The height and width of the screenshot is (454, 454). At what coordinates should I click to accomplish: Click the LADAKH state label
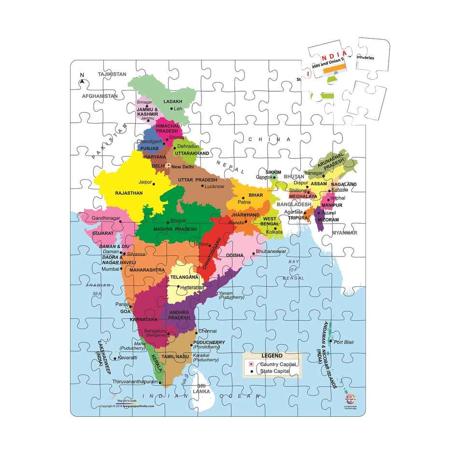click(173, 102)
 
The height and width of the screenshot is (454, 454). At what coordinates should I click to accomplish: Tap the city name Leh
click(178, 109)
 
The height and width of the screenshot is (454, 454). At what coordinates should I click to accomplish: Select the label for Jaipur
click(145, 183)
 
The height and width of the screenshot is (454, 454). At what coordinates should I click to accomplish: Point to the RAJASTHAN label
click(128, 193)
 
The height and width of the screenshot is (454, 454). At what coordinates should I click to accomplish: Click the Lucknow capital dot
click(202, 186)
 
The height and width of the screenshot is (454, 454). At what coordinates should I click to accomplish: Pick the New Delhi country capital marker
click(169, 166)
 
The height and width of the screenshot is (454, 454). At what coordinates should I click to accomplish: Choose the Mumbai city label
click(110, 269)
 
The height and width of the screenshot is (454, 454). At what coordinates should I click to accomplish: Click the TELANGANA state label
click(184, 278)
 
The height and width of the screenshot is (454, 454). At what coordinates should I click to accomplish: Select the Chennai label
click(207, 331)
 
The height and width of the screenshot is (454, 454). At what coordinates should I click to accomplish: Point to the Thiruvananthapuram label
click(135, 382)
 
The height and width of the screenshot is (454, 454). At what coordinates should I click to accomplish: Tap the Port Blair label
click(343, 342)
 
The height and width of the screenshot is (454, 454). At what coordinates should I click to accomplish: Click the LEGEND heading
click(272, 355)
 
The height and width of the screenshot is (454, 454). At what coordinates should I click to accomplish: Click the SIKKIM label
click(273, 172)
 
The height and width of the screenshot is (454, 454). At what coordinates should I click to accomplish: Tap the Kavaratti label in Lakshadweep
click(128, 358)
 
